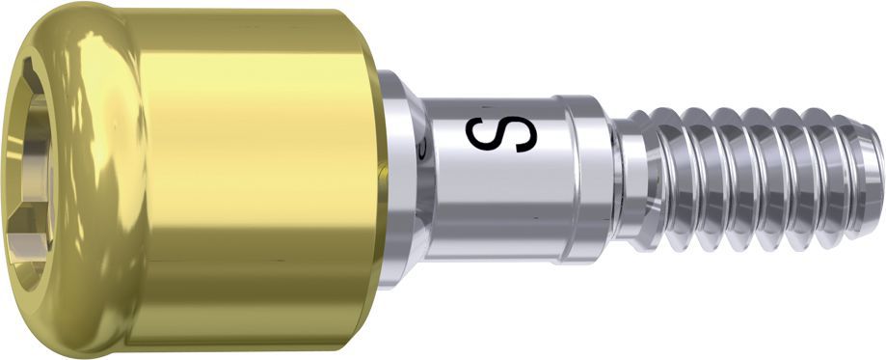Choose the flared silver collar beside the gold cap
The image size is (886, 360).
pos(401,180)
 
